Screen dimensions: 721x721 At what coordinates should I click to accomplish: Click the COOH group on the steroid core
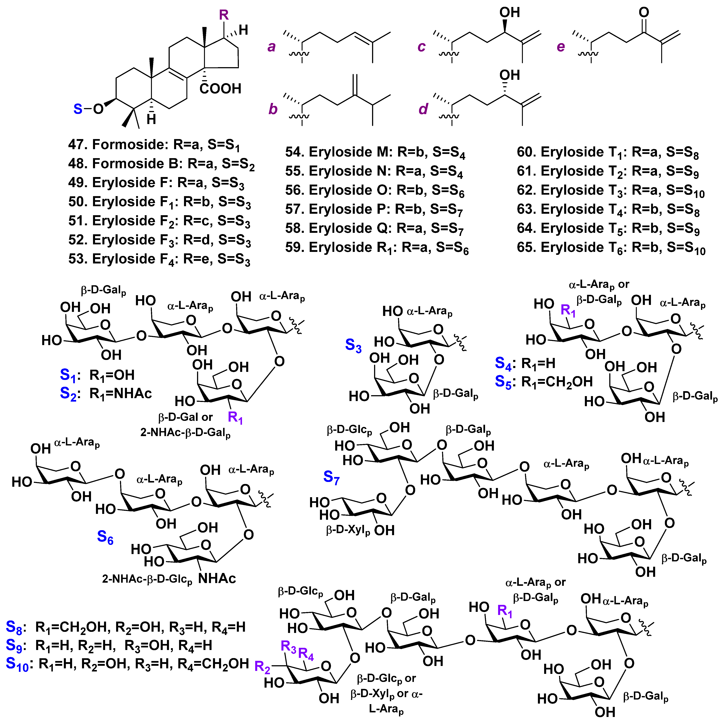(x=220, y=89)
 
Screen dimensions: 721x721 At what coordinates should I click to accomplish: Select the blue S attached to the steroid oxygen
(x=78, y=109)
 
